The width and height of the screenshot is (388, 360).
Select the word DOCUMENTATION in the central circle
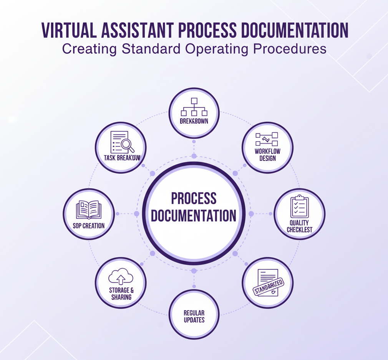pos(193,216)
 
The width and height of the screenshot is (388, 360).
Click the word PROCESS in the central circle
pos(194,198)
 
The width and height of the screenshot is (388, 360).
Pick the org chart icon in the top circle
pos(194,107)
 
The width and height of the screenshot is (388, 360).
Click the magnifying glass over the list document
pos(127,145)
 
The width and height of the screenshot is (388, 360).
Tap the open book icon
pos(89,210)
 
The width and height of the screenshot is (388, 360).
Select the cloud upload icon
pos(121,276)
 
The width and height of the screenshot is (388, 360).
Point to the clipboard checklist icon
pos(299,207)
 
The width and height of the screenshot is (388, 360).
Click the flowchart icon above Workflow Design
pos(267,139)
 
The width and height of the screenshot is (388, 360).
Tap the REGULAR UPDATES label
pos(194,316)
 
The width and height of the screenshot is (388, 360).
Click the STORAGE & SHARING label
pos(121,294)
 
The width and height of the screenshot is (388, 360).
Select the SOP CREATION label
pos(89,226)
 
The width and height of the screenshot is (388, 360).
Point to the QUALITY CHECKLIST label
pos(300,226)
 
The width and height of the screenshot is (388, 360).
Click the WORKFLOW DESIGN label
pos(267,155)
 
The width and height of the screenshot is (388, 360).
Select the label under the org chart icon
pos(194,121)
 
